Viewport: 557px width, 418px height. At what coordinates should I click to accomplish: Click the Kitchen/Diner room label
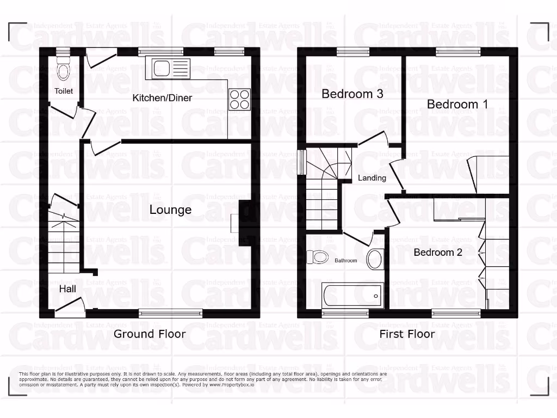[163, 98]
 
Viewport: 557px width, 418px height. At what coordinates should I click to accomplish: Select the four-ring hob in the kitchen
[239, 100]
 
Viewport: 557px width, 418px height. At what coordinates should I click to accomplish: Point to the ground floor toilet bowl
[63, 71]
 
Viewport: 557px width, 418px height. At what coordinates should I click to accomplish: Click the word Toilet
[63, 91]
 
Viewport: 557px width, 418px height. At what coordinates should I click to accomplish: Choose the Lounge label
[170, 210]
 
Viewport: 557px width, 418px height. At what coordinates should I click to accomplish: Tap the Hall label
[67, 289]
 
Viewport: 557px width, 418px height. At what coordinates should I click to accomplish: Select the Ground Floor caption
[150, 334]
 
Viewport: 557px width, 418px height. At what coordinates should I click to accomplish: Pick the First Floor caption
[407, 334]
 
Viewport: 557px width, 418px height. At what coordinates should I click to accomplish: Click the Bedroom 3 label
[352, 94]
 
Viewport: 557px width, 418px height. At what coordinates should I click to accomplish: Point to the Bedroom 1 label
[457, 104]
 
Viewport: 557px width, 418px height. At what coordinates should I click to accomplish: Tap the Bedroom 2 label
[438, 252]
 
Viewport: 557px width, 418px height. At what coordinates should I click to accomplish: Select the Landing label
[372, 178]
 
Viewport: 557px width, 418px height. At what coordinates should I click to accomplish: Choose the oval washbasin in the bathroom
[375, 259]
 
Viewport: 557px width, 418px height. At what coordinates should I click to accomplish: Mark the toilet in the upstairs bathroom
[317, 256]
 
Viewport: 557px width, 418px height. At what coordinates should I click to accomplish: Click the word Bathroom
[345, 261]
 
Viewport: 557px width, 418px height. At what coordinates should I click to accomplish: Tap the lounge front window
[170, 313]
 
